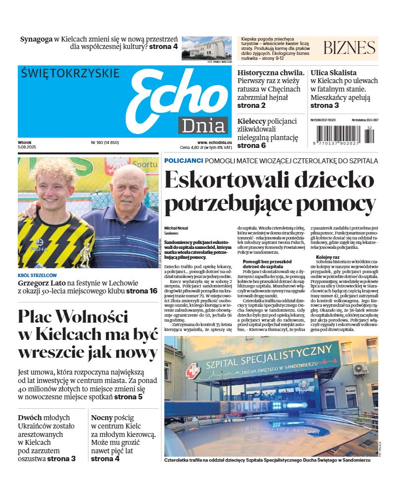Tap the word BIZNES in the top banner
pos(349,48)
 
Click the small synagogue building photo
pos(206,48)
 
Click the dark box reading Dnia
pos(203,126)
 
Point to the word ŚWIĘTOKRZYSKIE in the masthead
pos(70,74)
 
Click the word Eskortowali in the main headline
pos(233,180)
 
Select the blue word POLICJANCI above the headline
pos(184,161)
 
